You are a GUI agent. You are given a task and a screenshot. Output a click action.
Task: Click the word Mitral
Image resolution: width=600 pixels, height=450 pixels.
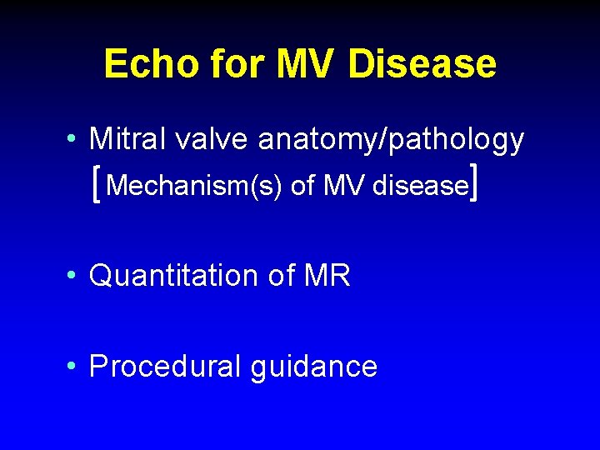[122, 139]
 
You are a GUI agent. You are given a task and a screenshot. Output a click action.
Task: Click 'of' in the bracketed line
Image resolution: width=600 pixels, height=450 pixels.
[302, 186]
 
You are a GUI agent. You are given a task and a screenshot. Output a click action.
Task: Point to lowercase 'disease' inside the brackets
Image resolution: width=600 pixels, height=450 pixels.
[419, 186]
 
